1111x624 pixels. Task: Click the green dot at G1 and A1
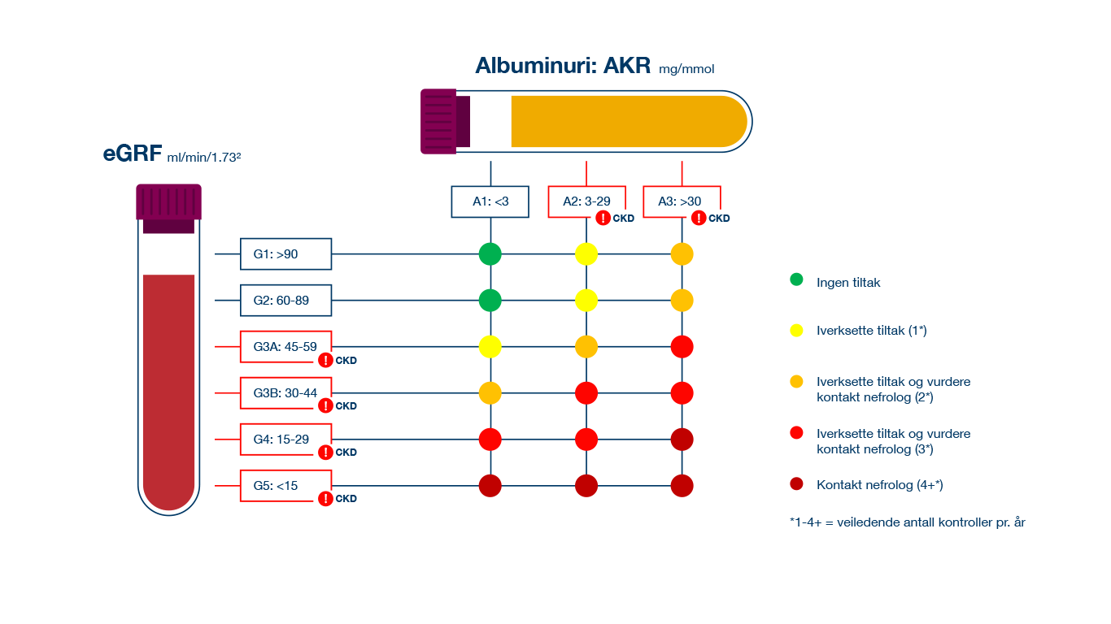click(x=490, y=253)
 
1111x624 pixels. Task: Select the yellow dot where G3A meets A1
click(x=490, y=347)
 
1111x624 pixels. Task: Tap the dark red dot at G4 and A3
click(x=682, y=440)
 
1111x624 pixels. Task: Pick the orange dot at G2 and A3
click(x=682, y=301)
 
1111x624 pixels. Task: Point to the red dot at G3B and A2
click(x=586, y=393)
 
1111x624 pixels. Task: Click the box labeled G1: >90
click(x=286, y=254)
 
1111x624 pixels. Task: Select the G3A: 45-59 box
click(x=286, y=347)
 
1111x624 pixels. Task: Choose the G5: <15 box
click(x=286, y=486)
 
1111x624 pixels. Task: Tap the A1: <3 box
click(x=490, y=201)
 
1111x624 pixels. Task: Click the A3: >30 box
click(x=682, y=201)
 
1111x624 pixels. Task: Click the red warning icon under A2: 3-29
click(x=603, y=218)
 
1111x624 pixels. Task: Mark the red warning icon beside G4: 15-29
click(x=326, y=452)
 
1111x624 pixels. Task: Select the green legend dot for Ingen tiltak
click(x=796, y=279)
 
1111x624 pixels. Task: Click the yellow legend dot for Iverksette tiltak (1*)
click(x=796, y=330)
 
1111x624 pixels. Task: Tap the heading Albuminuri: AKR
click(x=563, y=66)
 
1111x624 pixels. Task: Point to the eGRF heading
click(x=132, y=154)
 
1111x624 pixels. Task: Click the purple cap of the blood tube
click(x=168, y=203)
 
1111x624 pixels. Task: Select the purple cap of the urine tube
click(x=440, y=121)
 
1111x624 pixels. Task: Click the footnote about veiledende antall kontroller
click(x=907, y=522)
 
